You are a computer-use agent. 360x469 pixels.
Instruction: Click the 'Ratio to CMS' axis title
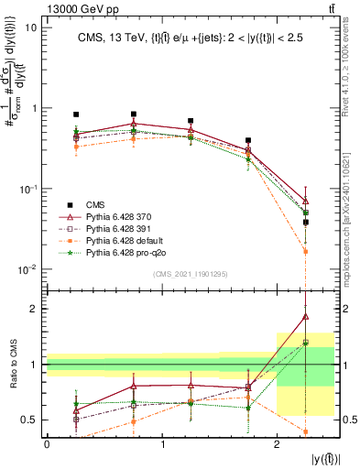[x=12, y=364]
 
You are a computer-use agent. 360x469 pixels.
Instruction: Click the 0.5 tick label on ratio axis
[x=30, y=420]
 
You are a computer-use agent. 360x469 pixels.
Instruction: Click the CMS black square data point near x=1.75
[x=248, y=141]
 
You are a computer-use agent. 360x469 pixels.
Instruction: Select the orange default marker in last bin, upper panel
[x=306, y=251]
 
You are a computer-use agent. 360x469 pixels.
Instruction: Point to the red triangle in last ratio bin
[x=306, y=317]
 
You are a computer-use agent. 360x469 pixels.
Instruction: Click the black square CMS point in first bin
[x=76, y=115]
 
